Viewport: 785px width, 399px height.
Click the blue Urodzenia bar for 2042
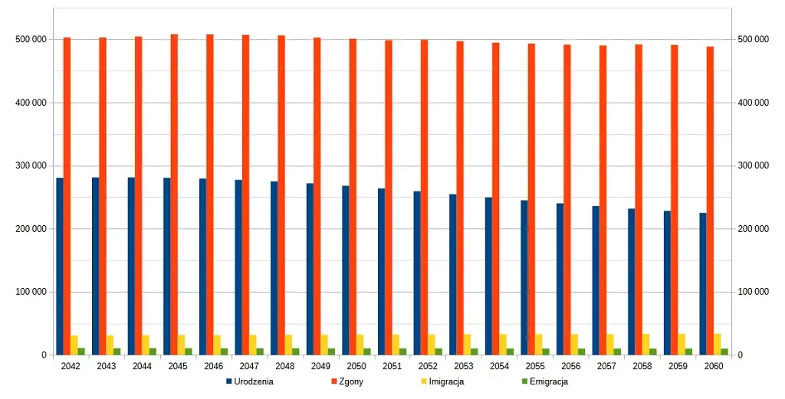(x=60, y=267)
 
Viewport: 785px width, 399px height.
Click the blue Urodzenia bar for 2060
(x=702, y=284)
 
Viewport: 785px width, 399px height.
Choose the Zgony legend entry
(x=350, y=381)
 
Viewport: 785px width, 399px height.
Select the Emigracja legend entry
(x=548, y=381)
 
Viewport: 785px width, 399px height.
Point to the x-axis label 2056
(x=571, y=366)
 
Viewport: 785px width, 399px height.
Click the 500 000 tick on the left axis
(x=31, y=39)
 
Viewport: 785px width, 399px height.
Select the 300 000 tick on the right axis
(x=753, y=165)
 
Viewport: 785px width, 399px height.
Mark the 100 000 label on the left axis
(x=31, y=292)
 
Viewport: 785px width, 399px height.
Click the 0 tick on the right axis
(x=741, y=355)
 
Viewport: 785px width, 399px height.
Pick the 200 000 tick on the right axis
(x=753, y=229)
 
